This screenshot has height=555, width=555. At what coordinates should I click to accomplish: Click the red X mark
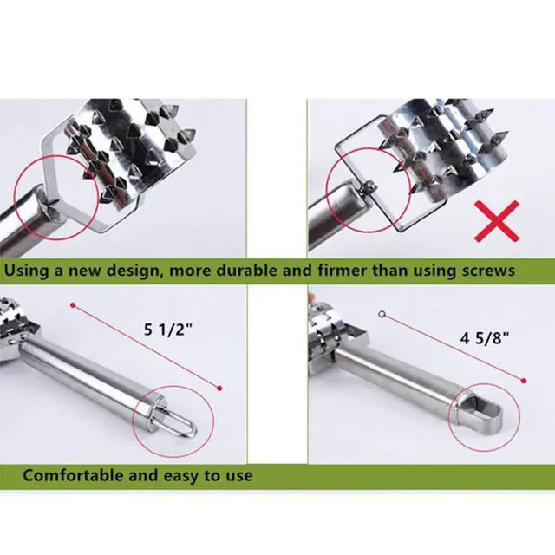[x=497, y=221]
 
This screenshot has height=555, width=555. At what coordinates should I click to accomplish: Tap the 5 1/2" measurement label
[x=167, y=330]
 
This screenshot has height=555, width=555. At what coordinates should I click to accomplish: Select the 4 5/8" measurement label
[x=485, y=338]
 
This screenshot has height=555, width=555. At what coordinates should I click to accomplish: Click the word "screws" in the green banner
[x=488, y=271]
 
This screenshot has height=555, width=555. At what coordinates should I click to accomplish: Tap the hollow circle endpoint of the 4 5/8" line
[x=382, y=314]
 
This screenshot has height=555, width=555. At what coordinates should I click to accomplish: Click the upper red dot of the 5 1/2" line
[x=73, y=305]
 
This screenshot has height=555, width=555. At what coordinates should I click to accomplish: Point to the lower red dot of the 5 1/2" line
[x=219, y=388]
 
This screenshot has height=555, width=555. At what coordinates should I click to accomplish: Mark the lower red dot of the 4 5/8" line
[x=524, y=381]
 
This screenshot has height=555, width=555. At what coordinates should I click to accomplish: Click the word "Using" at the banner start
[x=26, y=271]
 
